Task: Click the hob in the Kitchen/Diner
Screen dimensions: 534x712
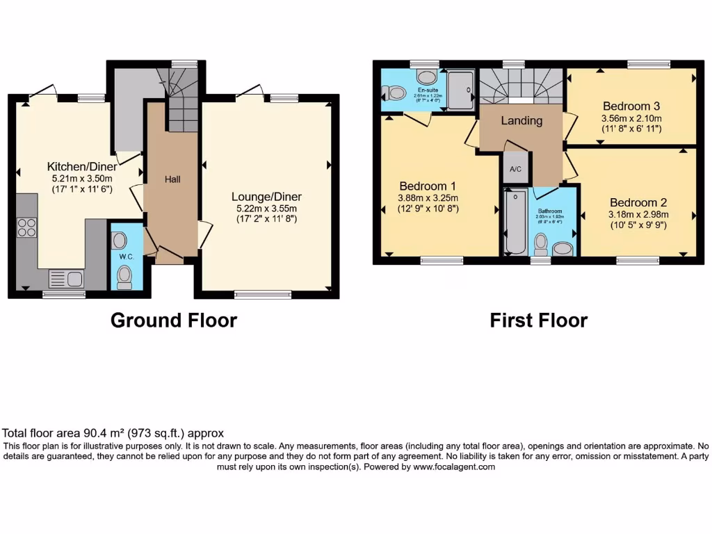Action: (x=26, y=228)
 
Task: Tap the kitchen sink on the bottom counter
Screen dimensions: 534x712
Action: (x=65, y=280)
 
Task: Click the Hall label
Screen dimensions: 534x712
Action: (x=172, y=179)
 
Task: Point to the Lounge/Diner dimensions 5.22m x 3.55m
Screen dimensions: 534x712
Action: (x=267, y=209)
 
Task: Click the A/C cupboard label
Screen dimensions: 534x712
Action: (x=515, y=169)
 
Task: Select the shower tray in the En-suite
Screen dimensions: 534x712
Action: (x=460, y=90)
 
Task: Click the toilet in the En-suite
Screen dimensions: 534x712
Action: (x=397, y=92)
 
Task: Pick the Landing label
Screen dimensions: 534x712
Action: (x=521, y=120)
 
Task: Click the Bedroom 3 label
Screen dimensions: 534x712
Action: (x=631, y=106)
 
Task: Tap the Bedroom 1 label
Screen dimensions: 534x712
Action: (x=427, y=186)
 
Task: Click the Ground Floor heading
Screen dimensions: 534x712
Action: (x=174, y=320)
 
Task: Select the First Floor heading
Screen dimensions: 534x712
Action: (x=538, y=320)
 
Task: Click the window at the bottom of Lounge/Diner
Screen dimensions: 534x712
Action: (x=263, y=294)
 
